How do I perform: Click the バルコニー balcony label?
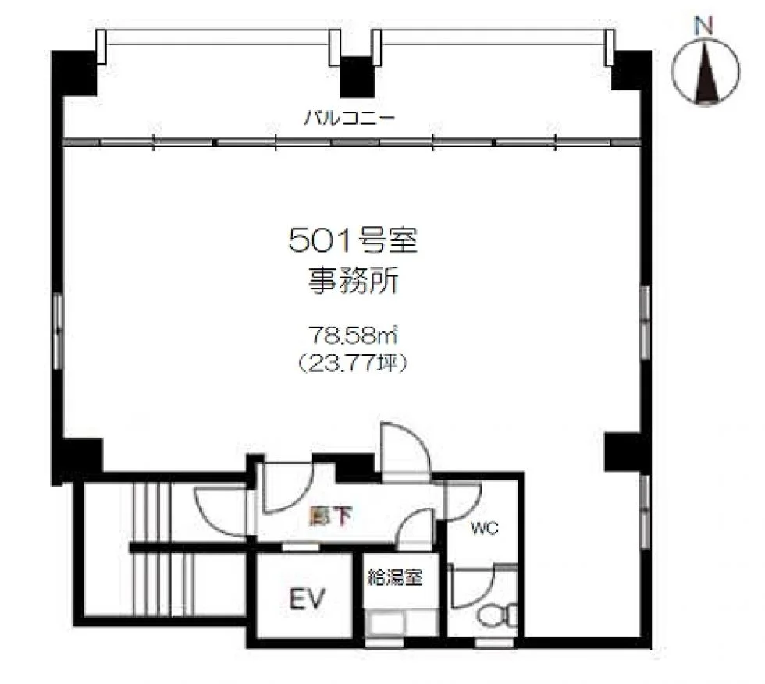349,118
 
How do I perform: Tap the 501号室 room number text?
353,241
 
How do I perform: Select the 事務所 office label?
353,282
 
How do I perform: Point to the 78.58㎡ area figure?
353,335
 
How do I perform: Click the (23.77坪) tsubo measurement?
352,363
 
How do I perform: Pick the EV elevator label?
307,599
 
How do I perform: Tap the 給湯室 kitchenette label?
395,578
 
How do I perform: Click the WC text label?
485,528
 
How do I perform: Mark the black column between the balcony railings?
358,77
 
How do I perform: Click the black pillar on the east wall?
623,452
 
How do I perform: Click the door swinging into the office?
406,449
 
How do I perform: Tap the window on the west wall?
58,331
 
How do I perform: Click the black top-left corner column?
73,73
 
